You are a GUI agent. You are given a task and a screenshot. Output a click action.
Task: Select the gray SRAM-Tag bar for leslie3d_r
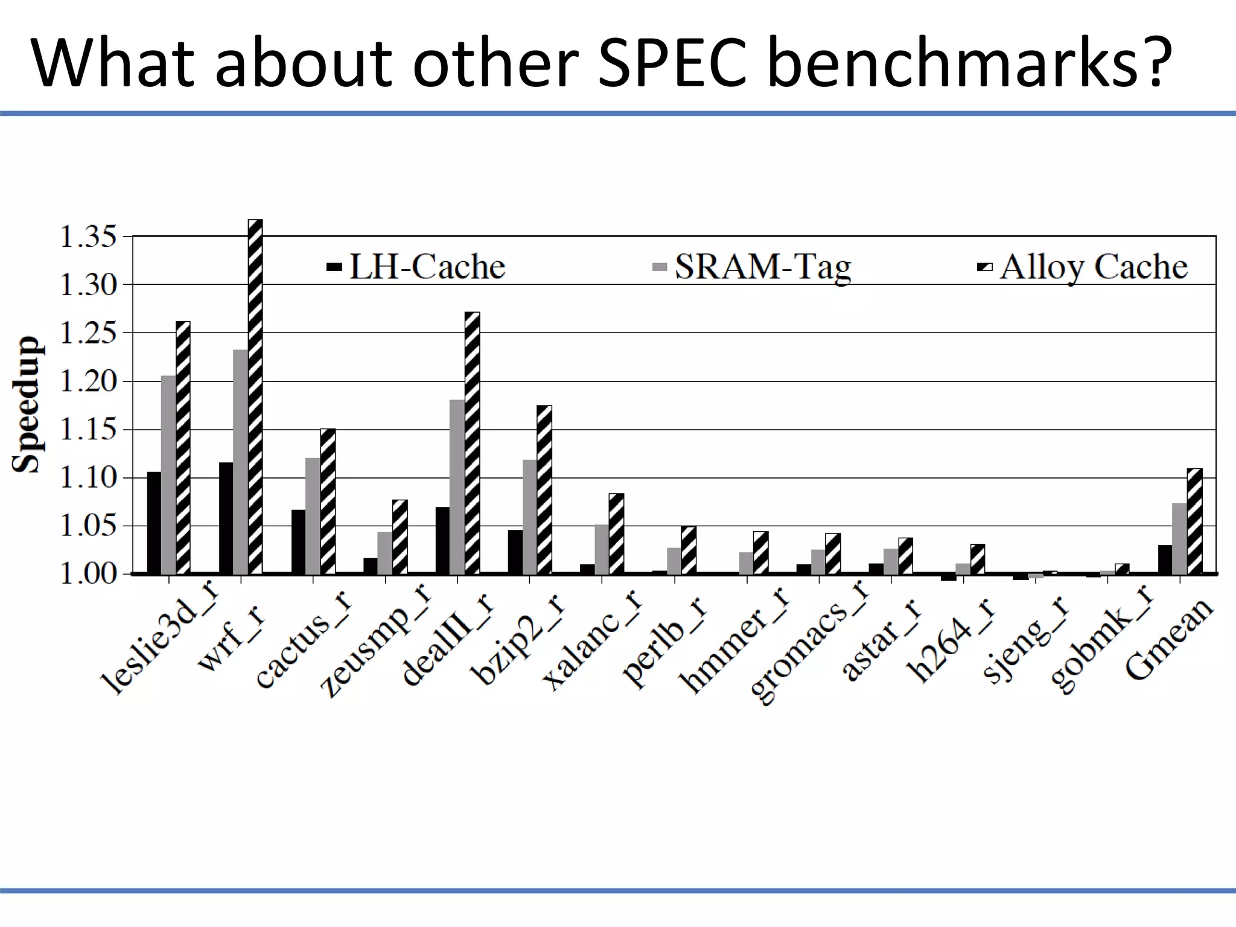pyautogui.click(x=168, y=474)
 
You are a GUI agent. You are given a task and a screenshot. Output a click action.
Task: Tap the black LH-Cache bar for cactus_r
pyautogui.click(x=298, y=541)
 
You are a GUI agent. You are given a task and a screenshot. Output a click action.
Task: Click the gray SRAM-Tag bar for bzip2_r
pyautogui.click(x=529, y=517)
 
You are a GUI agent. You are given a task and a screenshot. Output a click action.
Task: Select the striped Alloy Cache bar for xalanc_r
pyautogui.click(x=616, y=534)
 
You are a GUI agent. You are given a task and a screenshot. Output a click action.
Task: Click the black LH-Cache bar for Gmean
pyautogui.click(x=1165, y=559)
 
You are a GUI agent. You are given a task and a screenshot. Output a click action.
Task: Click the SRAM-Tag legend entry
pyautogui.click(x=752, y=266)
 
